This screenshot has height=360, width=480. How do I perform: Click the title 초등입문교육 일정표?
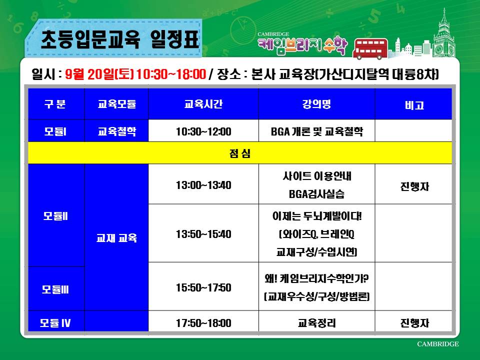pyautogui.click(x=120, y=39)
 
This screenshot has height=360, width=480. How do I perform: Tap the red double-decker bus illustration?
pyautogui.click(x=370, y=48)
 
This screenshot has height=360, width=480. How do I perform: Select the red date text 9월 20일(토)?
pyautogui.click(x=99, y=74)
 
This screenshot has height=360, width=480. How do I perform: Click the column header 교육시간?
pyautogui.click(x=203, y=104)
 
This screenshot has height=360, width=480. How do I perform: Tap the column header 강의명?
pyautogui.click(x=316, y=104)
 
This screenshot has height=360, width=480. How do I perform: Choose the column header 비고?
pyautogui.click(x=414, y=105)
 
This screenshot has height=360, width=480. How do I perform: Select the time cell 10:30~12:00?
pyautogui.click(x=203, y=131)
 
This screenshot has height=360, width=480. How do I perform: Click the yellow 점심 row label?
pyautogui.click(x=240, y=153)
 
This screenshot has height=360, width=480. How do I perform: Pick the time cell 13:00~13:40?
pyautogui.click(x=203, y=185)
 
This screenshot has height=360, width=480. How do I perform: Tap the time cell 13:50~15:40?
pyautogui.click(x=203, y=234)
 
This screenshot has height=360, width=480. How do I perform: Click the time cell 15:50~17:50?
pyautogui.click(x=203, y=287)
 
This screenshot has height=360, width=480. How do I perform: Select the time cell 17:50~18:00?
pyautogui.click(x=203, y=323)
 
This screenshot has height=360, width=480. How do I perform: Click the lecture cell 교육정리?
pyautogui.click(x=317, y=323)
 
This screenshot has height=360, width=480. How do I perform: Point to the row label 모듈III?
pyautogui.click(x=55, y=289)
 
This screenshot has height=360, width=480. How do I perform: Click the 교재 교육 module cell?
pyautogui.click(x=116, y=238)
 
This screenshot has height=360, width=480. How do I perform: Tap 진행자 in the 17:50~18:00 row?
pyautogui.click(x=414, y=323)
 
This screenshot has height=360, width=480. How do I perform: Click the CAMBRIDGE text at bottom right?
pyautogui.click(x=438, y=344)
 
